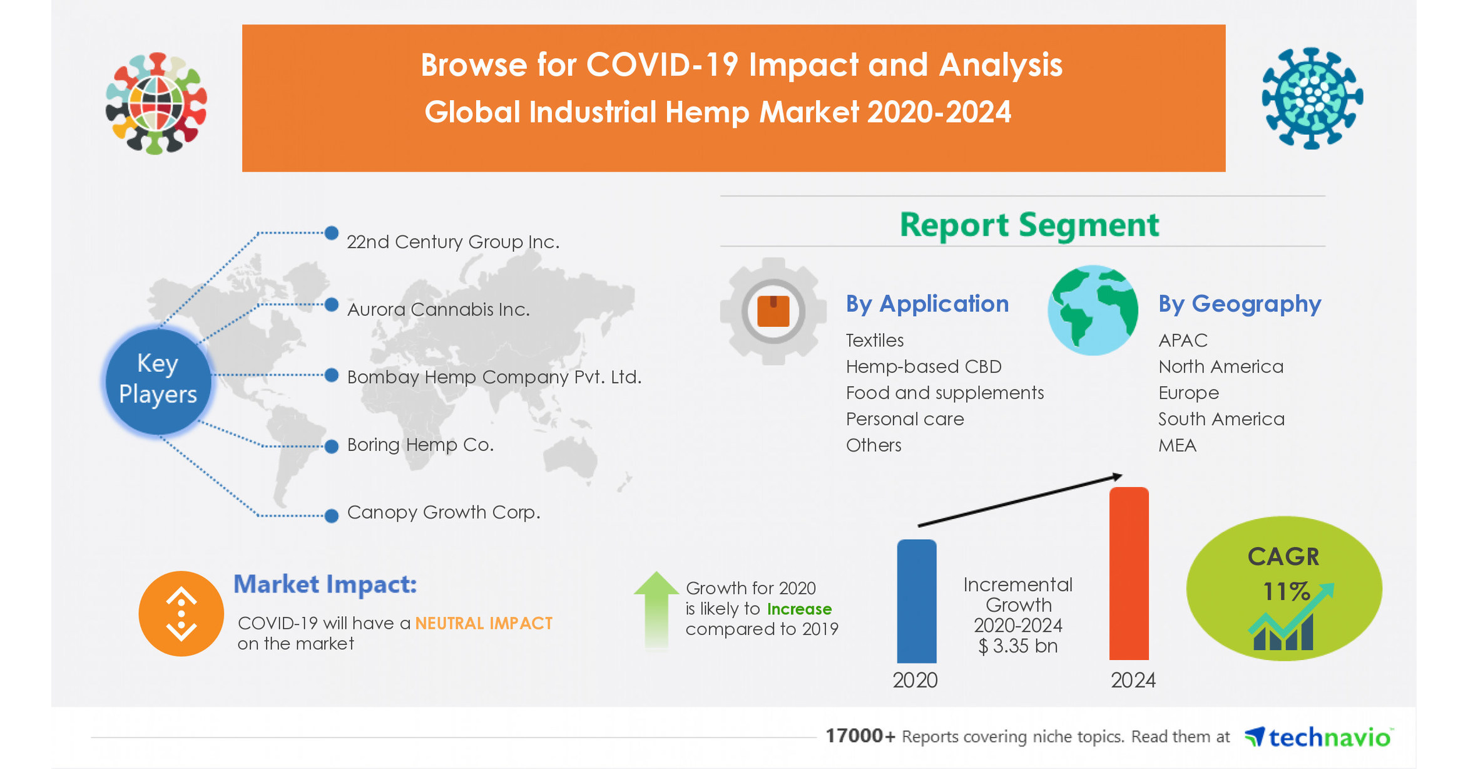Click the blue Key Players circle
[158, 379]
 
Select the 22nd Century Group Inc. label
[452, 242]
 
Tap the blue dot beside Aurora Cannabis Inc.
[332, 305]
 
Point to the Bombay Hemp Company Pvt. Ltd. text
[494, 377]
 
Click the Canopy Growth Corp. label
[443, 512]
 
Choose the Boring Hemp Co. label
[420, 445]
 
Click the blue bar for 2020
[916, 601]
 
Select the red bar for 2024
[1128, 573]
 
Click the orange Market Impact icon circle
[181, 614]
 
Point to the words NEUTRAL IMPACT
[484, 623]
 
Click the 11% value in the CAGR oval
[1285, 591]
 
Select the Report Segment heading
[1029, 225]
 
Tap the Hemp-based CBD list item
[923, 366]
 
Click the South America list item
[1221, 419]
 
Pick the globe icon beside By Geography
[1093, 311]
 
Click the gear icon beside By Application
[773, 311]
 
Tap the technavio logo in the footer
[1318, 737]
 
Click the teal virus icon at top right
[1312, 98]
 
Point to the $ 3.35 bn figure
[1017, 646]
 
